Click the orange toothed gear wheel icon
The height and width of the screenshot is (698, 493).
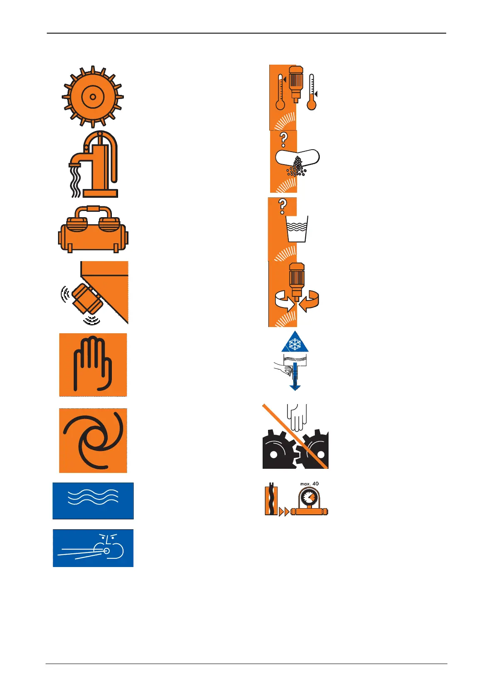tap(92, 97)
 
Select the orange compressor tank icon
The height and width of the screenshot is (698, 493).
tap(93, 229)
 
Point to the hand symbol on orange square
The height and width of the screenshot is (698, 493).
tap(93, 365)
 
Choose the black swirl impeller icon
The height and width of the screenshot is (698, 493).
tap(93, 440)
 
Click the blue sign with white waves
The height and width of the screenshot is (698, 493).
tap(93, 501)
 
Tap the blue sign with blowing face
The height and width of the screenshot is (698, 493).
tap(93, 548)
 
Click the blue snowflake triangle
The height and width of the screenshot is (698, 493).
tap(295, 342)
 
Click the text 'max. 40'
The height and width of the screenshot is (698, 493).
tap(309, 484)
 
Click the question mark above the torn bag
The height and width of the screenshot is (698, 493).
tap(283, 140)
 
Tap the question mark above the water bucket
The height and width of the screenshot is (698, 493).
tap(283, 206)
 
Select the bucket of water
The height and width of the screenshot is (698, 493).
tap(297, 229)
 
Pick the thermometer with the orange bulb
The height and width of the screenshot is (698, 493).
tap(312, 92)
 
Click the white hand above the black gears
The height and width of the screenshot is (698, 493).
tap(297, 417)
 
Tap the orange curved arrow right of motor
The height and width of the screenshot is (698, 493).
tap(309, 301)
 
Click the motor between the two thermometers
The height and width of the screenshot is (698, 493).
tap(296, 83)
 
